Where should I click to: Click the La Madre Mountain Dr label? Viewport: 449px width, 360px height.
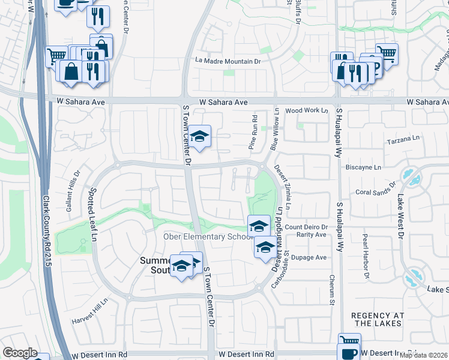[229, 61]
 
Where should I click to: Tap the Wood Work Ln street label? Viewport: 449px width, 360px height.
[307, 110]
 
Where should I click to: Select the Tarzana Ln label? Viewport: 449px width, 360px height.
[403, 139]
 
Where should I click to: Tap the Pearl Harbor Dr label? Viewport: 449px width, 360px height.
[364, 251]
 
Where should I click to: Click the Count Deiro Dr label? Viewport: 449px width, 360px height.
[306, 227]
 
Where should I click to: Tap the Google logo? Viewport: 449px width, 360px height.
[20, 353]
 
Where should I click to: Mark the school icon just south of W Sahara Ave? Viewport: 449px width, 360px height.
[200, 136]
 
